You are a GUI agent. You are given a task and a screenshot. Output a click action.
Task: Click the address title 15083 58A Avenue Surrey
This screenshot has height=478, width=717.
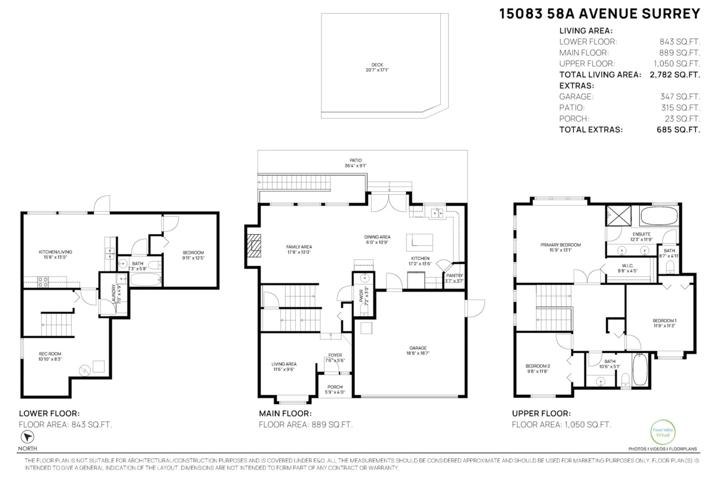[599, 13]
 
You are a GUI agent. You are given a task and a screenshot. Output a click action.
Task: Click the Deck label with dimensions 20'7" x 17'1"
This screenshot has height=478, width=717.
[376, 68]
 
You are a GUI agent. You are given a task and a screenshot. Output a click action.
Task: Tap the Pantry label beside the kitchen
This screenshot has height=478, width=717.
[454, 278]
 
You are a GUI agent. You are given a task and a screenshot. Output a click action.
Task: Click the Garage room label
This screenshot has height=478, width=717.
[418, 351]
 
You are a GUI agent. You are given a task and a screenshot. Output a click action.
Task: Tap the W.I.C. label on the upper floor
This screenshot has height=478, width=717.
[627, 267]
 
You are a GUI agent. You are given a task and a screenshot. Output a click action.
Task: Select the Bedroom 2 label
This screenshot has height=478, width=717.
[537, 369]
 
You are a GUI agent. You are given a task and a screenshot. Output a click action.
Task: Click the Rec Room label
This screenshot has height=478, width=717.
[50, 357]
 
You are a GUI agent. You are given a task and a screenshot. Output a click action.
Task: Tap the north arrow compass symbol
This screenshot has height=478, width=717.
[26, 437]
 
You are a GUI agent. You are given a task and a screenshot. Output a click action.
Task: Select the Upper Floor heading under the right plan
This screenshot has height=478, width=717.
[541, 413]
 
